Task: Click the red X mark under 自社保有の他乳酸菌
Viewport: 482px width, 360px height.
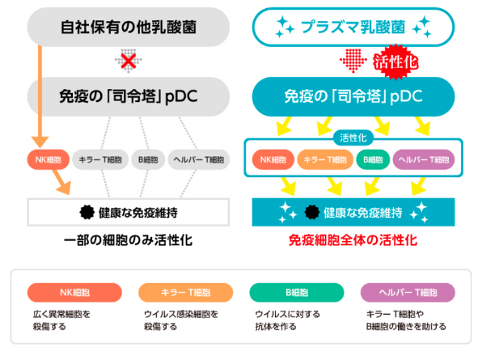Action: (129, 61)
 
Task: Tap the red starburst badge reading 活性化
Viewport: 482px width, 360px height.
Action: (395, 62)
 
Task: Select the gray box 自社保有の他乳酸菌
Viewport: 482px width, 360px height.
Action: (129, 27)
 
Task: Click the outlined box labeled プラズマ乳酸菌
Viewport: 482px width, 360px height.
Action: (353, 27)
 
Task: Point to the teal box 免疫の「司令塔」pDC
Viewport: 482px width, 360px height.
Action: (353, 96)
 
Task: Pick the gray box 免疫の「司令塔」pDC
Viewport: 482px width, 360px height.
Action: (129, 96)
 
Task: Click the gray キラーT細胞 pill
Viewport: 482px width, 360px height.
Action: (100, 159)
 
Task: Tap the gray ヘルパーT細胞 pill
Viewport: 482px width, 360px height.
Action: (199, 159)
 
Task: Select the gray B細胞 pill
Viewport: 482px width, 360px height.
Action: (148, 159)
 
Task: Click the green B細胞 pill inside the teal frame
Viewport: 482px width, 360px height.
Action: (373, 159)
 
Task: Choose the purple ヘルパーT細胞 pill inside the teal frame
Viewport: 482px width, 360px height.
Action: (424, 159)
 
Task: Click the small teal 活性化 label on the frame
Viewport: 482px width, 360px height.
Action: (353, 138)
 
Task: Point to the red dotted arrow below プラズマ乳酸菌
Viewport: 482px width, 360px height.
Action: (353, 61)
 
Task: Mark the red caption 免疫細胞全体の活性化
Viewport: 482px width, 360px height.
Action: (353, 240)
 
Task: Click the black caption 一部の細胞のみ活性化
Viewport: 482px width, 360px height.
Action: (129, 240)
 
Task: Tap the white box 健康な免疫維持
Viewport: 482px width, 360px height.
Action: (129, 212)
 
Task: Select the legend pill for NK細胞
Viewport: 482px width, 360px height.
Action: (74, 292)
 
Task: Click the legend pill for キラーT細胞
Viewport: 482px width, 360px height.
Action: (186, 292)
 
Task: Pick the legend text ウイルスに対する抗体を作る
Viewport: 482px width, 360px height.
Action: (287, 320)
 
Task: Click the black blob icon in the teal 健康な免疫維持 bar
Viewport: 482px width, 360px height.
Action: (312, 212)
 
